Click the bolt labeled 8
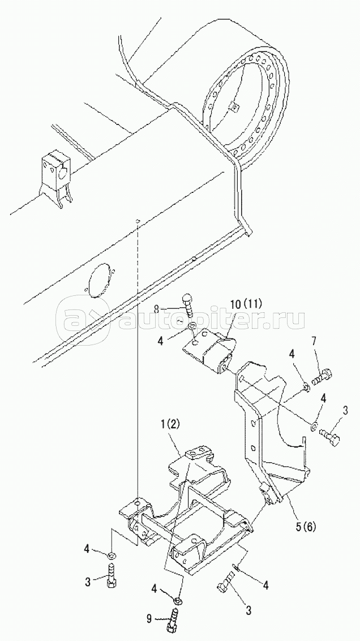pyautogui.click(x=188, y=304)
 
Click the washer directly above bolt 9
pyautogui.click(x=178, y=600)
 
